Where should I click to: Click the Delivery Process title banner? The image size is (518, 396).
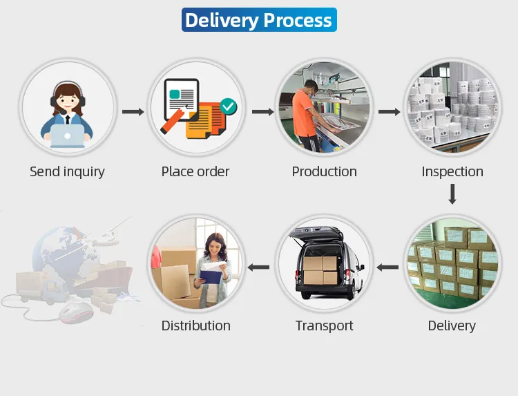(258, 20)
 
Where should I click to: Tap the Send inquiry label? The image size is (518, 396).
(67, 172)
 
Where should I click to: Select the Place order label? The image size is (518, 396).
(195, 172)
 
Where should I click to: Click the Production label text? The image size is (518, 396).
(324, 172)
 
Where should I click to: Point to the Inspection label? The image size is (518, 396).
(452, 172)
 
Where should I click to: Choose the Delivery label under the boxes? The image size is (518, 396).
(452, 326)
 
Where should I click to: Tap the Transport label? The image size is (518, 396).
(324, 326)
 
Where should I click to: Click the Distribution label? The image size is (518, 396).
(195, 326)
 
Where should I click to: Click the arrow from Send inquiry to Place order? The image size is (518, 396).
(133, 111)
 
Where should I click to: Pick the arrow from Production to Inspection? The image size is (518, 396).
(390, 111)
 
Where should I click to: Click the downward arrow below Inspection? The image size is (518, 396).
(452, 194)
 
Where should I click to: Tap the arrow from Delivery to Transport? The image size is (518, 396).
(387, 267)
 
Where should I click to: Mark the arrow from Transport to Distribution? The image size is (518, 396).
(259, 267)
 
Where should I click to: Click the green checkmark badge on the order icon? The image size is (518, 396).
(227, 106)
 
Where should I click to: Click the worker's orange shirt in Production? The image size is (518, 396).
(303, 111)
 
